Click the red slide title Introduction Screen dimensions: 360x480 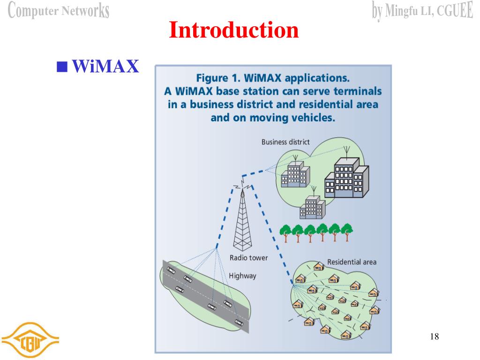233,30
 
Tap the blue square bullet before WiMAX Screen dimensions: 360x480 60,66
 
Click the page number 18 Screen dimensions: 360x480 434,336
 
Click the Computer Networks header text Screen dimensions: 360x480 59,10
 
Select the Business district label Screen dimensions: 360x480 285,142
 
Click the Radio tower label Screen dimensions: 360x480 248,257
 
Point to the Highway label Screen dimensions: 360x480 242,276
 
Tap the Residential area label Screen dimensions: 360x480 352,262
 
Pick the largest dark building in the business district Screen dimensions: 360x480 346,178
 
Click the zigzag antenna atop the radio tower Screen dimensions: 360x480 242,184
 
